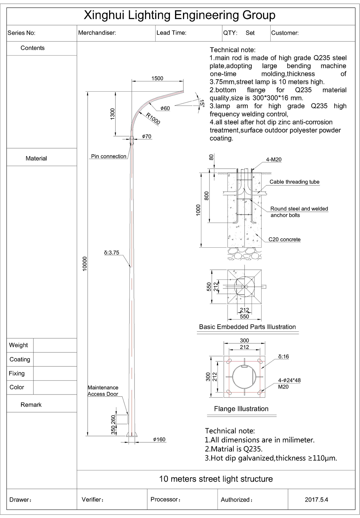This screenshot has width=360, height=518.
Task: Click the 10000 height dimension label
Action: click(x=85, y=263)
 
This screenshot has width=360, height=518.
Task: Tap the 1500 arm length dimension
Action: click(x=157, y=78)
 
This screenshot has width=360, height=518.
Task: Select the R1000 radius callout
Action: click(x=153, y=119)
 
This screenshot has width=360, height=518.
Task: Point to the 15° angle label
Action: click(x=202, y=103)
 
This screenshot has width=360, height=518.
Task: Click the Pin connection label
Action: click(x=109, y=156)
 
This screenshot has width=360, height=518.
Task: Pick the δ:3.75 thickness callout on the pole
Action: click(x=112, y=253)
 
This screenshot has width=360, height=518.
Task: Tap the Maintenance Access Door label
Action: click(x=103, y=391)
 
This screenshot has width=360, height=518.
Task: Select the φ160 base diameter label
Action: click(x=159, y=439)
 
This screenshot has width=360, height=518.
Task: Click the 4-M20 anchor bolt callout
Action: click(x=274, y=159)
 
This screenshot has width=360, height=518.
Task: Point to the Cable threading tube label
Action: click(x=294, y=182)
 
